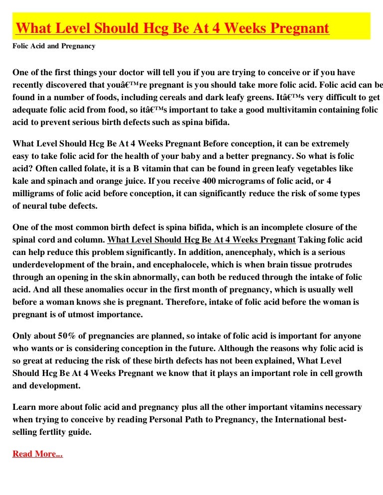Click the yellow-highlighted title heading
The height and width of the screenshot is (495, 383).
tap(173, 28)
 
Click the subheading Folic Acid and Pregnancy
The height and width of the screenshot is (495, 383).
tap(54, 46)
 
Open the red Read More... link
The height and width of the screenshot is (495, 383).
tap(37, 454)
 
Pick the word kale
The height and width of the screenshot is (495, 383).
tap(21, 179)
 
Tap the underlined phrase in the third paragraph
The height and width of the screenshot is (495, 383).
tap(201, 240)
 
